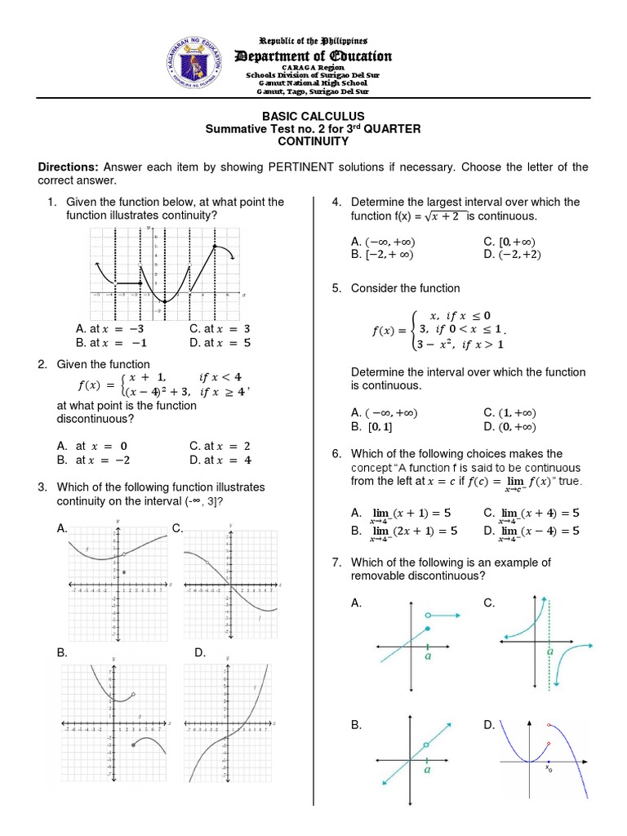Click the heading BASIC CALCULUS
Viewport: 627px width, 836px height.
313,117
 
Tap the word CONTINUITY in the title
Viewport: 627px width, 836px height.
313,141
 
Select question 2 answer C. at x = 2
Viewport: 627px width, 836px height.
220,447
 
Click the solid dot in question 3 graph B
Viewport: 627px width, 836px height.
132,745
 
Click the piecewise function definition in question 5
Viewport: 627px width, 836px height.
441,330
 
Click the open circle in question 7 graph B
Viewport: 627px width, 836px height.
425,744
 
